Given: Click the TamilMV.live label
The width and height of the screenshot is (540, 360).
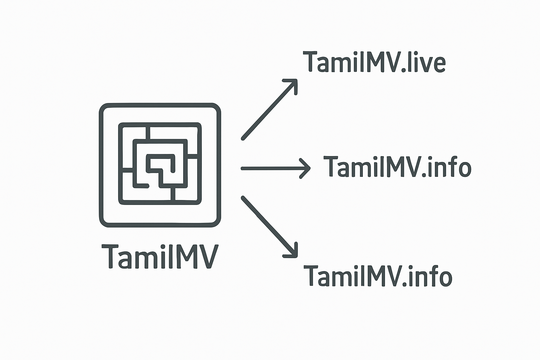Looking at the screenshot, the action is click(374, 62).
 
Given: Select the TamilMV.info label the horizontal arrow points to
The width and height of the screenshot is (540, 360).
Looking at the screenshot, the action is click(397, 167).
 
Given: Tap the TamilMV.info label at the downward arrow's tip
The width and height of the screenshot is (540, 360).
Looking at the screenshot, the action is click(378, 276).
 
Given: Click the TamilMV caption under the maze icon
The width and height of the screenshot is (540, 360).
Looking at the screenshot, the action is click(160, 256).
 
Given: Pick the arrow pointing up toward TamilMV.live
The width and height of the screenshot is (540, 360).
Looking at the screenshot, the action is click(270, 109).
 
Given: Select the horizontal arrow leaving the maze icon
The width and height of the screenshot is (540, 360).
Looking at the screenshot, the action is click(276, 168).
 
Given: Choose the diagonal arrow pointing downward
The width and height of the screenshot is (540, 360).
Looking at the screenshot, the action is click(270, 227).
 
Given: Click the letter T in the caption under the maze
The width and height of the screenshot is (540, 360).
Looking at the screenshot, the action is click(110, 256).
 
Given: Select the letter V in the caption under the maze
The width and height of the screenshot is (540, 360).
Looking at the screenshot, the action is click(207, 256).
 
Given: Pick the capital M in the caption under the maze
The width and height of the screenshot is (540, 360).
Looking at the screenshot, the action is click(182, 256).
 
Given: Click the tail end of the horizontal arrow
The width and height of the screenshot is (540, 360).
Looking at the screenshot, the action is click(242, 168).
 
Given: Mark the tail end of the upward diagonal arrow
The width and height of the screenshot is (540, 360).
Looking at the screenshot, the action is click(243, 139).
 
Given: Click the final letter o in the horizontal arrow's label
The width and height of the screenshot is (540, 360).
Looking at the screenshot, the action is click(463, 169).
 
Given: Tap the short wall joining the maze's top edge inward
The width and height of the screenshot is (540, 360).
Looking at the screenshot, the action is click(148, 133).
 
